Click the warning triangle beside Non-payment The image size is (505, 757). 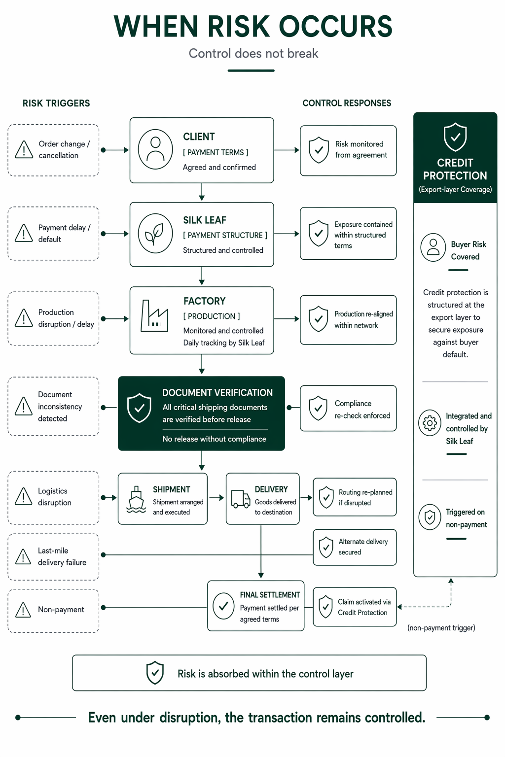coord(23,610)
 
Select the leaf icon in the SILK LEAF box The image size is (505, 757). coord(155,234)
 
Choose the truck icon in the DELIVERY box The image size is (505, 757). coord(241,499)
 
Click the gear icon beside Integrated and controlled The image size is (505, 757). coord(430,423)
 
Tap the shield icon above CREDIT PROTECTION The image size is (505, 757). coord(455,137)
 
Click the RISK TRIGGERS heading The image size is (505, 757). coord(56,103)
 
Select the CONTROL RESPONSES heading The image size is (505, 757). coord(347,103)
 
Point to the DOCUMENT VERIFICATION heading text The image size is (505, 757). coord(217,393)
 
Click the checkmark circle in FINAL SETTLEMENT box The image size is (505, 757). coord(223,606)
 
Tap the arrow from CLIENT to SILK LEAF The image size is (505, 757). coord(202,192)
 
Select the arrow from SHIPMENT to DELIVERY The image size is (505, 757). coord(216,497)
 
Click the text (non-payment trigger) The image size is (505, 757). coord(441,628)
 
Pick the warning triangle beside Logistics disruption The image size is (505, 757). coord(23,496)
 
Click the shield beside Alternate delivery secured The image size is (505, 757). coord(326,547)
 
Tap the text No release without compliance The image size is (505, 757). coord(214,439)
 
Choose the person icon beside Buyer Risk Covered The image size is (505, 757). coord(433,247)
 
